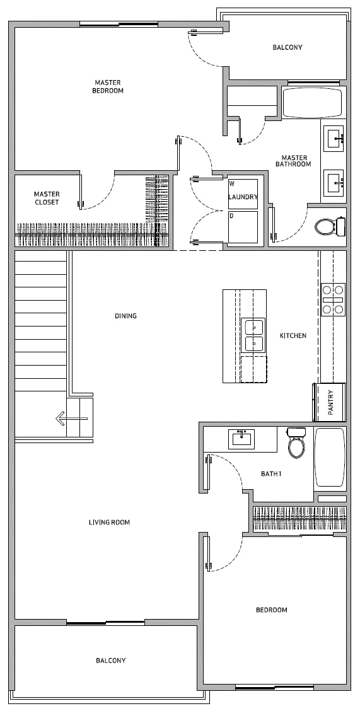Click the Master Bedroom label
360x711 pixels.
107,86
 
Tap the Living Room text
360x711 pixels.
109,523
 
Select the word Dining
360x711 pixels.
125,316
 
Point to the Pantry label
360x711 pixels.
330,402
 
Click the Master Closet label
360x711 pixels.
47,198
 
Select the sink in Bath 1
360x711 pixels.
241,439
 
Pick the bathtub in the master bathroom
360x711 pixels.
312,103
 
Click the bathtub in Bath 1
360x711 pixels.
330,457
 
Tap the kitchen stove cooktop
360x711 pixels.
334,299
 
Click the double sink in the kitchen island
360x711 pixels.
254,335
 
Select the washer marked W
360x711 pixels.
243,194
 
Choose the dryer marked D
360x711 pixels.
243,227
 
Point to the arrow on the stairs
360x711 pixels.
71,418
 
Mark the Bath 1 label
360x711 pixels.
271,474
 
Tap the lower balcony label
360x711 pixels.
110,660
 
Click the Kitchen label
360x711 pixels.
293,335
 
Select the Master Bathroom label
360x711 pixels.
293,161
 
